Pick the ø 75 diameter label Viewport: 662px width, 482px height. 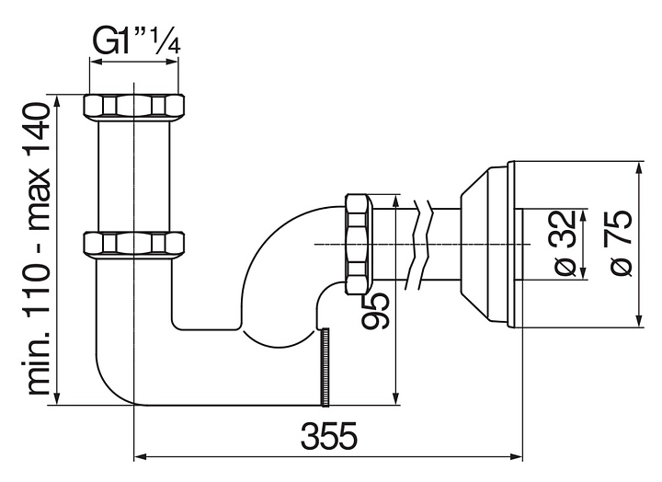pyautogui.click(x=618, y=243)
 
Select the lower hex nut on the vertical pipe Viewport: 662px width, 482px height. pyautogui.click(x=133, y=244)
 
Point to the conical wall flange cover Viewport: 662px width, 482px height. pyautogui.click(x=484, y=244)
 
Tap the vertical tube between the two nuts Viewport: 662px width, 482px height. pyautogui.click(x=133, y=175)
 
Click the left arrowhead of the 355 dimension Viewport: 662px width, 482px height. pyautogui.click(x=140, y=454)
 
